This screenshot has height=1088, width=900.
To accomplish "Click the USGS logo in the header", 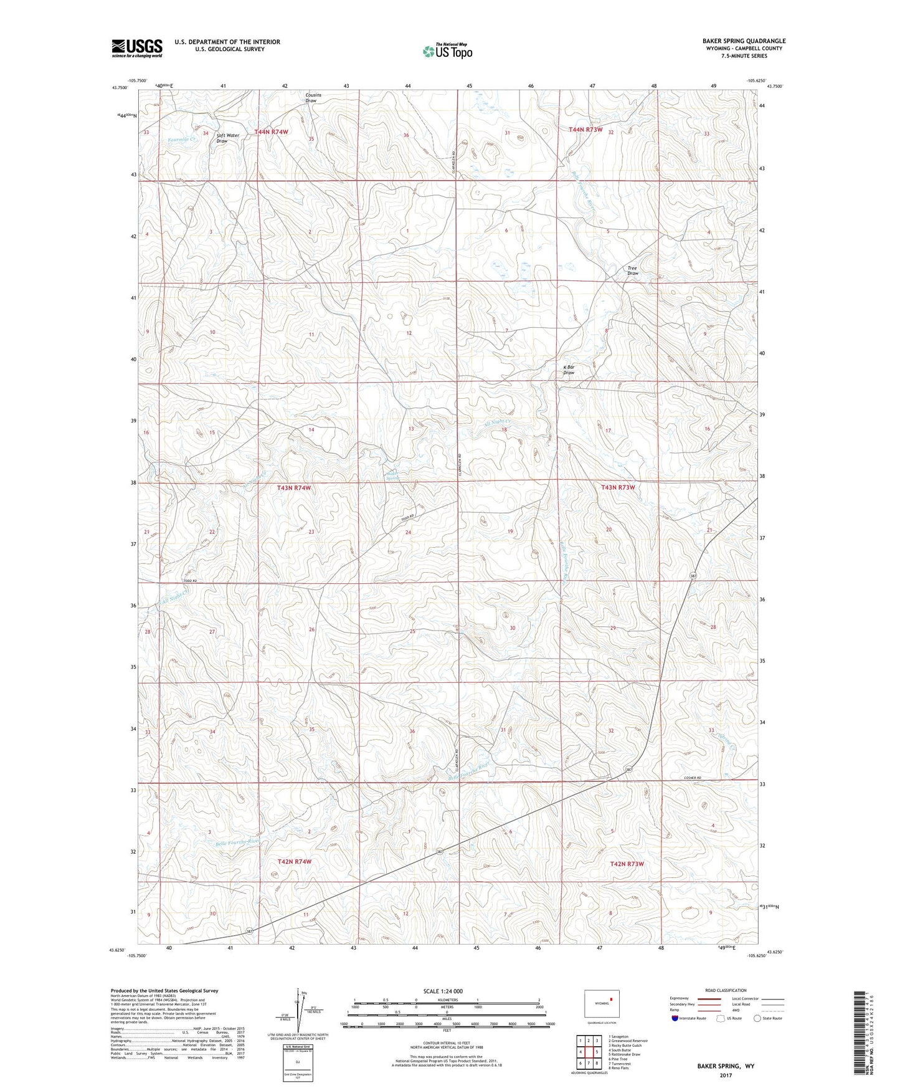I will click(x=136, y=48).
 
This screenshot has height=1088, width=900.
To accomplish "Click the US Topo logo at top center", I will click(x=447, y=51).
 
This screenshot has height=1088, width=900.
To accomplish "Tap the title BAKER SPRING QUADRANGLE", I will click(x=744, y=41).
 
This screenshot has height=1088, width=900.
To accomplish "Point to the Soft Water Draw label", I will click(x=227, y=138).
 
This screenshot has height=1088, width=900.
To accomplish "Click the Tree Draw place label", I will click(x=632, y=270).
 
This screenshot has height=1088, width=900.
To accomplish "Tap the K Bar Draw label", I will click(x=568, y=370).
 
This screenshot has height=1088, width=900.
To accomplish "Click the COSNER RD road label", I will click(x=691, y=778).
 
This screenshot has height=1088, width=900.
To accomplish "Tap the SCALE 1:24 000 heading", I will click(x=443, y=991).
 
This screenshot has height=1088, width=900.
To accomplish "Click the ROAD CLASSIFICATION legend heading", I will click(x=725, y=990).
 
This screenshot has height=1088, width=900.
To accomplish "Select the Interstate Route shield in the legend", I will click(x=675, y=1018).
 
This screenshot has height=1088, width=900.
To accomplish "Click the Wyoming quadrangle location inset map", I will click(x=601, y=1004).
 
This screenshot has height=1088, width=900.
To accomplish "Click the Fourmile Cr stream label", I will click(x=182, y=140).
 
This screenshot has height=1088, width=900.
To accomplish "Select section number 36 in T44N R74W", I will click(x=406, y=135).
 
